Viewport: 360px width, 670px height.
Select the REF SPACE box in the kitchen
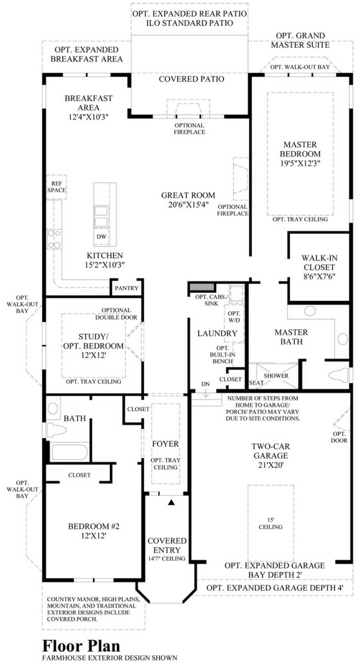click(57, 187)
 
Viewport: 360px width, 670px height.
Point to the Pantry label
click(127, 288)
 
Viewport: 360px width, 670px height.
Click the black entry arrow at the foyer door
click(171, 502)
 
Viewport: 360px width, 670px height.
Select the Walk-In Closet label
click(318, 267)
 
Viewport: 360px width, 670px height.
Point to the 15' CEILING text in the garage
click(271, 523)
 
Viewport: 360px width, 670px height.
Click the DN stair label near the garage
click(205, 384)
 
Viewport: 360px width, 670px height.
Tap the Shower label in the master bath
click(276, 375)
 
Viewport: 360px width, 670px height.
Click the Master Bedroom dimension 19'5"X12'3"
click(300, 163)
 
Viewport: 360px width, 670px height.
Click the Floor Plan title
click(81, 645)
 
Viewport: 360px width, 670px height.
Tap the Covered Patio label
click(192, 79)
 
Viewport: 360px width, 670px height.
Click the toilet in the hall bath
click(56, 429)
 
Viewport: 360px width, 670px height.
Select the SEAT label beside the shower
click(256, 383)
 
